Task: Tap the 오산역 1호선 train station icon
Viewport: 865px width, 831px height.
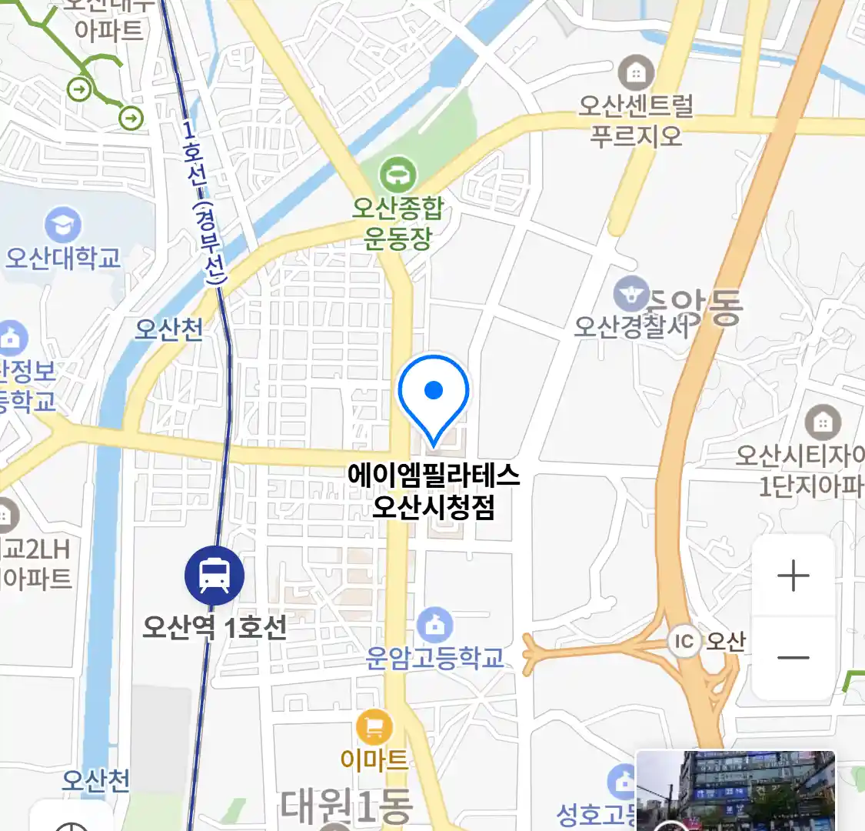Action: [x=215, y=575]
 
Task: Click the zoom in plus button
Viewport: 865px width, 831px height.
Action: [x=793, y=576]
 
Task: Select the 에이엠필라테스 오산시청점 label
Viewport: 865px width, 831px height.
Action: [x=434, y=490]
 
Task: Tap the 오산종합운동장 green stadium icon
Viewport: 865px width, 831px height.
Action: [x=398, y=174]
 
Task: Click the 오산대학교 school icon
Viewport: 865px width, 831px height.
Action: [x=63, y=225]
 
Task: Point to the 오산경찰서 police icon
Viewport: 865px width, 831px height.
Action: [x=631, y=295]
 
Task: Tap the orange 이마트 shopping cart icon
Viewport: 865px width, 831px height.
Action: [x=374, y=726]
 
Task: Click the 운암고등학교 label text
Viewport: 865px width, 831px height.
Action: [x=435, y=658]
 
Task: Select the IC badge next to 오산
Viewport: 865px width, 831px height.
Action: [x=684, y=642]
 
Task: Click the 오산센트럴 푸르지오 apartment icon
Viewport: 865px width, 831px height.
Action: [x=636, y=73]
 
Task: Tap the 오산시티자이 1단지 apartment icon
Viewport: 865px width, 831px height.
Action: [x=823, y=422]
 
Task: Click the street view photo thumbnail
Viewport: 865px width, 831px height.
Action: [x=735, y=790]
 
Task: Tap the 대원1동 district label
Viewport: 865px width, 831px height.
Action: [x=347, y=806]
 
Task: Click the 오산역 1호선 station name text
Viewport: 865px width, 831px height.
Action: [x=215, y=627]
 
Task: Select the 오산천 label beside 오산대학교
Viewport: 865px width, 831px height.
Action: [x=169, y=329]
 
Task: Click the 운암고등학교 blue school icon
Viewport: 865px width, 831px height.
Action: [x=435, y=624]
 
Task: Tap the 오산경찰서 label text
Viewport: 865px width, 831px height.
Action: [x=631, y=326]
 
